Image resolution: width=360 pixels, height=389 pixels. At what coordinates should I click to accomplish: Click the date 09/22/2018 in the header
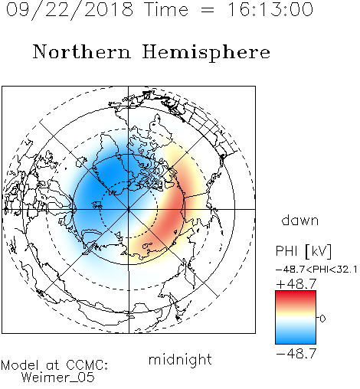pyautogui.click(x=70, y=9)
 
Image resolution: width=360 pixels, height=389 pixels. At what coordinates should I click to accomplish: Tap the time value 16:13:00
pyautogui.click(x=270, y=9)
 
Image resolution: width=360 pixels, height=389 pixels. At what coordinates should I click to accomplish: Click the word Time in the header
pyautogui.click(x=166, y=9)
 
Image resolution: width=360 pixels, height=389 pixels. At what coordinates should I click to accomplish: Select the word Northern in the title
pyautogui.click(x=82, y=51)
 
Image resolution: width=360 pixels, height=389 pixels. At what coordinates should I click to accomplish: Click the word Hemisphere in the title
pyautogui.click(x=206, y=53)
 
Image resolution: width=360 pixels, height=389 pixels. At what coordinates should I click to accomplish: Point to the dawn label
pyautogui.click(x=300, y=220)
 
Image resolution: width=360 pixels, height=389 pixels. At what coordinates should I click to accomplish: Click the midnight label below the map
pyautogui.click(x=180, y=359)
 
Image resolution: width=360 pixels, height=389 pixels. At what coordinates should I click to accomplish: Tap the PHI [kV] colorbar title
pyautogui.click(x=303, y=251)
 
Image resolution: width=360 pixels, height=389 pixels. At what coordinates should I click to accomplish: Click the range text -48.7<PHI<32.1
pyautogui.click(x=316, y=270)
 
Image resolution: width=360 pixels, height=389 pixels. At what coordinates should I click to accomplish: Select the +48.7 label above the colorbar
pyautogui.click(x=296, y=284)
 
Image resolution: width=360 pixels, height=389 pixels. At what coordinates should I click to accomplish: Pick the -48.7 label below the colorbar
pyautogui.click(x=296, y=354)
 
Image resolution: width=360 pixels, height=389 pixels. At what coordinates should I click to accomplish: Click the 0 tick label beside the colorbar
pyautogui.click(x=322, y=319)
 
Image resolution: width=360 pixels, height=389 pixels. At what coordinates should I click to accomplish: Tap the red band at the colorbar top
pyautogui.click(x=296, y=296)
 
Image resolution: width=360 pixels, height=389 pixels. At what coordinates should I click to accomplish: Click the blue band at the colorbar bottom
pyautogui.click(x=296, y=338)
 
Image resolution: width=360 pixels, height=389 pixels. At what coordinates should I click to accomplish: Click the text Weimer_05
pyautogui.click(x=58, y=378)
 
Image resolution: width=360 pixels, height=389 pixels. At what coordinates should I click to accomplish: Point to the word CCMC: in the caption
pyautogui.click(x=87, y=365)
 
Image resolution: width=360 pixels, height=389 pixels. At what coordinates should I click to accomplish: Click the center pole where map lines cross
pyautogui.click(x=129, y=209)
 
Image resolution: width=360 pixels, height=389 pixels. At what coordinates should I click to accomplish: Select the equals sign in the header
pyautogui.click(x=208, y=10)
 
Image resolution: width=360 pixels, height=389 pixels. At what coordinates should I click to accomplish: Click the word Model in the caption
pyautogui.click(x=20, y=365)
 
